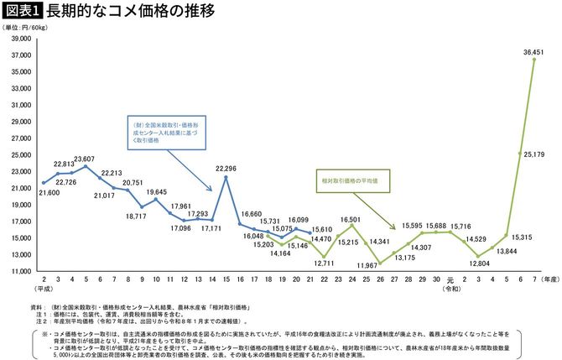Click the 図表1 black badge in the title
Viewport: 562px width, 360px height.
coord(22,11)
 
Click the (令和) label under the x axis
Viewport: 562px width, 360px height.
coord(451,290)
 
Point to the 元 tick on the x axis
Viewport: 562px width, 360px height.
coord(451,280)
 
